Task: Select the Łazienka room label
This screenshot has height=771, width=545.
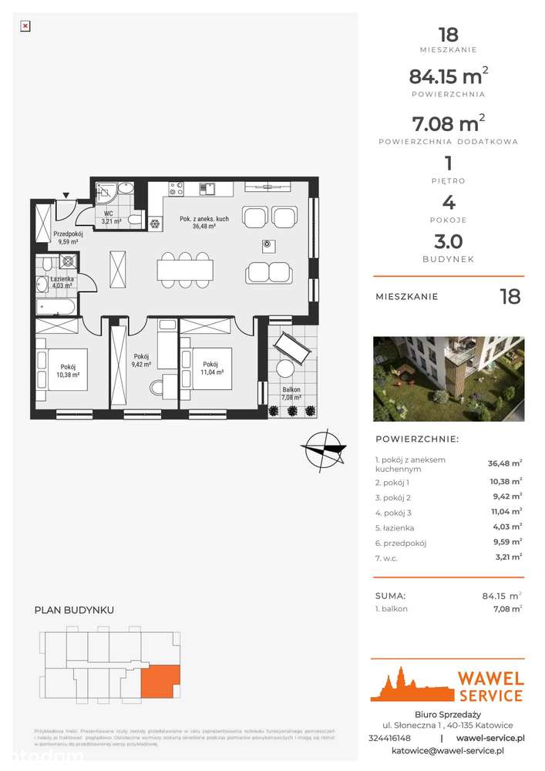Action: pos(62,282)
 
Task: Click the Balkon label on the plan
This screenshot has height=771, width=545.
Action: pos(291,394)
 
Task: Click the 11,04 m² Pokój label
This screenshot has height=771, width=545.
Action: pos(213,367)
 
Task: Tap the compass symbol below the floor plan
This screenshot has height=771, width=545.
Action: pos(322,450)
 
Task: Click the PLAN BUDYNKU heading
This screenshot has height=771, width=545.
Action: pos(74,610)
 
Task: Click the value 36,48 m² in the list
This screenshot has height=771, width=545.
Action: pos(504,463)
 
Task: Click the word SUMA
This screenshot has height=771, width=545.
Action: pos(390,595)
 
